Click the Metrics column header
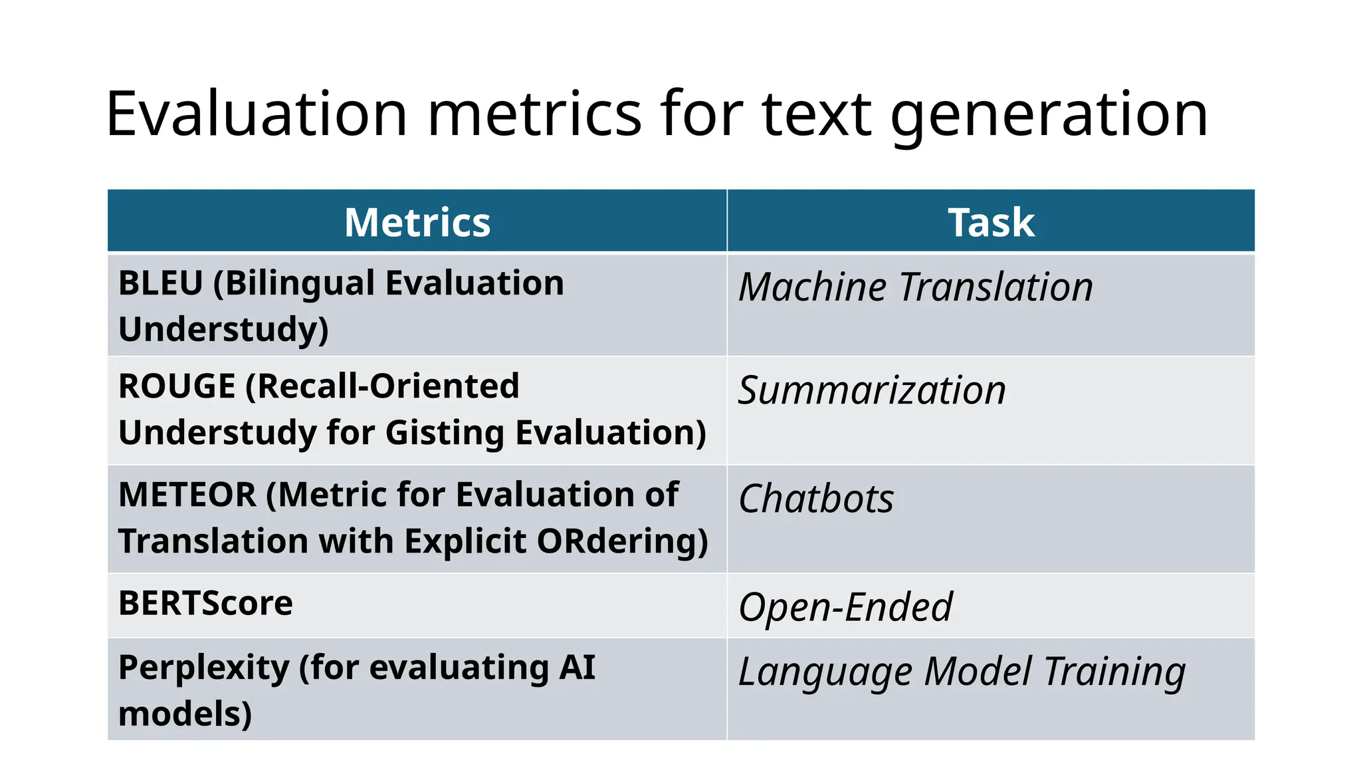(x=417, y=222)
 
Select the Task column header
(x=991, y=222)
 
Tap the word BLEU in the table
(x=161, y=283)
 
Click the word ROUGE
(x=177, y=386)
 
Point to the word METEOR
(x=187, y=495)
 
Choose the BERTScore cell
(x=205, y=604)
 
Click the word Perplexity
(x=203, y=668)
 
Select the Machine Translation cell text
(x=916, y=287)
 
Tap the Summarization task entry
(x=872, y=390)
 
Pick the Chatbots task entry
(x=816, y=499)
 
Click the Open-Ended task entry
(x=845, y=607)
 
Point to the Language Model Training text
(x=962, y=672)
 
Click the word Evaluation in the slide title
(x=257, y=114)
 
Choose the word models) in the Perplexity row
(x=185, y=714)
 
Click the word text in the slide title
(x=816, y=114)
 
